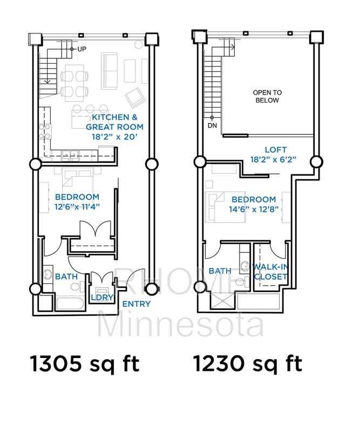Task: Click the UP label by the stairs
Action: [82, 49]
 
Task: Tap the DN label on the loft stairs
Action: [212, 126]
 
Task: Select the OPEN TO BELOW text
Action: [267, 97]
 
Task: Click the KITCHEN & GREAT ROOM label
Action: [114, 122]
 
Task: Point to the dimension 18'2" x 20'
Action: [114, 137]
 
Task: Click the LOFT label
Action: [276, 150]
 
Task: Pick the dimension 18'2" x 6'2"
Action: [273, 159]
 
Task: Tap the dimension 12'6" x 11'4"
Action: [77, 207]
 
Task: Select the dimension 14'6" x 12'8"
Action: [254, 209]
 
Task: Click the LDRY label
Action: [102, 298]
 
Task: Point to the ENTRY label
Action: [137, 304]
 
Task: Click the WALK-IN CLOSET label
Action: [271, 272]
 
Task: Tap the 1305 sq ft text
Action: [85, 364]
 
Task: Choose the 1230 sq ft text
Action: [247, 364]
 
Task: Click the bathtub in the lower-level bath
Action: [70, 303]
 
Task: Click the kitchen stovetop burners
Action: [45, 131]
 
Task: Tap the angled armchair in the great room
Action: [135, 98]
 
